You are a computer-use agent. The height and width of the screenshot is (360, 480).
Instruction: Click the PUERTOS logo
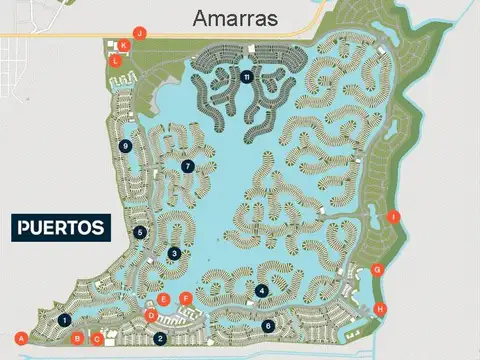(x=61, y=228)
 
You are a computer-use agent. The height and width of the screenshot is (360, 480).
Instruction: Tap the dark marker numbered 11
(x=246, y=77)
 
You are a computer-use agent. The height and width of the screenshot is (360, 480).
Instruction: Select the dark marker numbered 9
(x=125, y=146)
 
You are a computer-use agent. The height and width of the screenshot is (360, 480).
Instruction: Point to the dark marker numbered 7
(x=187, y=166)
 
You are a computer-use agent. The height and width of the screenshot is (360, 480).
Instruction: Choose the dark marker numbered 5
(x=140, y=232)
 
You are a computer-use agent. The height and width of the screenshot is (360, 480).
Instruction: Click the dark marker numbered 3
(x=174, y=254)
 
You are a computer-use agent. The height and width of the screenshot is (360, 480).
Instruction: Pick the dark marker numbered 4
(x=261, y=291)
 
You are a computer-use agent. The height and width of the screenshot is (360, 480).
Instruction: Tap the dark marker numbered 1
(x=64, y=320)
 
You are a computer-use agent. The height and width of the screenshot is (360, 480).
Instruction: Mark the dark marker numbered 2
(x=160, y=338)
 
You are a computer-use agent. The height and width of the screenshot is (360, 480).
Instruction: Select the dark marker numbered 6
(x=267, y=325)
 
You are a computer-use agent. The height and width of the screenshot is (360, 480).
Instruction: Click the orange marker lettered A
(x=22, y=335)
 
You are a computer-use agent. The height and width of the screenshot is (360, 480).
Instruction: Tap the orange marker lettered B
(x=77, y=339)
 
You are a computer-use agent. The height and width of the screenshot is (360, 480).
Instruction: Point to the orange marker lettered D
(x=151, y=315)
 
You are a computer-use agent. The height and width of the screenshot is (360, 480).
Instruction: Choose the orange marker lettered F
(x=185, y=298)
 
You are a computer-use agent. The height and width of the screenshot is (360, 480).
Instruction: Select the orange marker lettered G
(x=377, y=269)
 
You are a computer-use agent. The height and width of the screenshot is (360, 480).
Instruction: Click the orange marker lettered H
(x=379, y=309)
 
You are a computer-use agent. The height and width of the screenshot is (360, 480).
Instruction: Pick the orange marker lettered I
(x=393, y=217)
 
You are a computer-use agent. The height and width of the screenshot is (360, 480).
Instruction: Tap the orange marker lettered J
(x=140, y=33)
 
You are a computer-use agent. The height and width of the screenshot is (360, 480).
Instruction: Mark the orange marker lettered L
(x=116, y=60)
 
